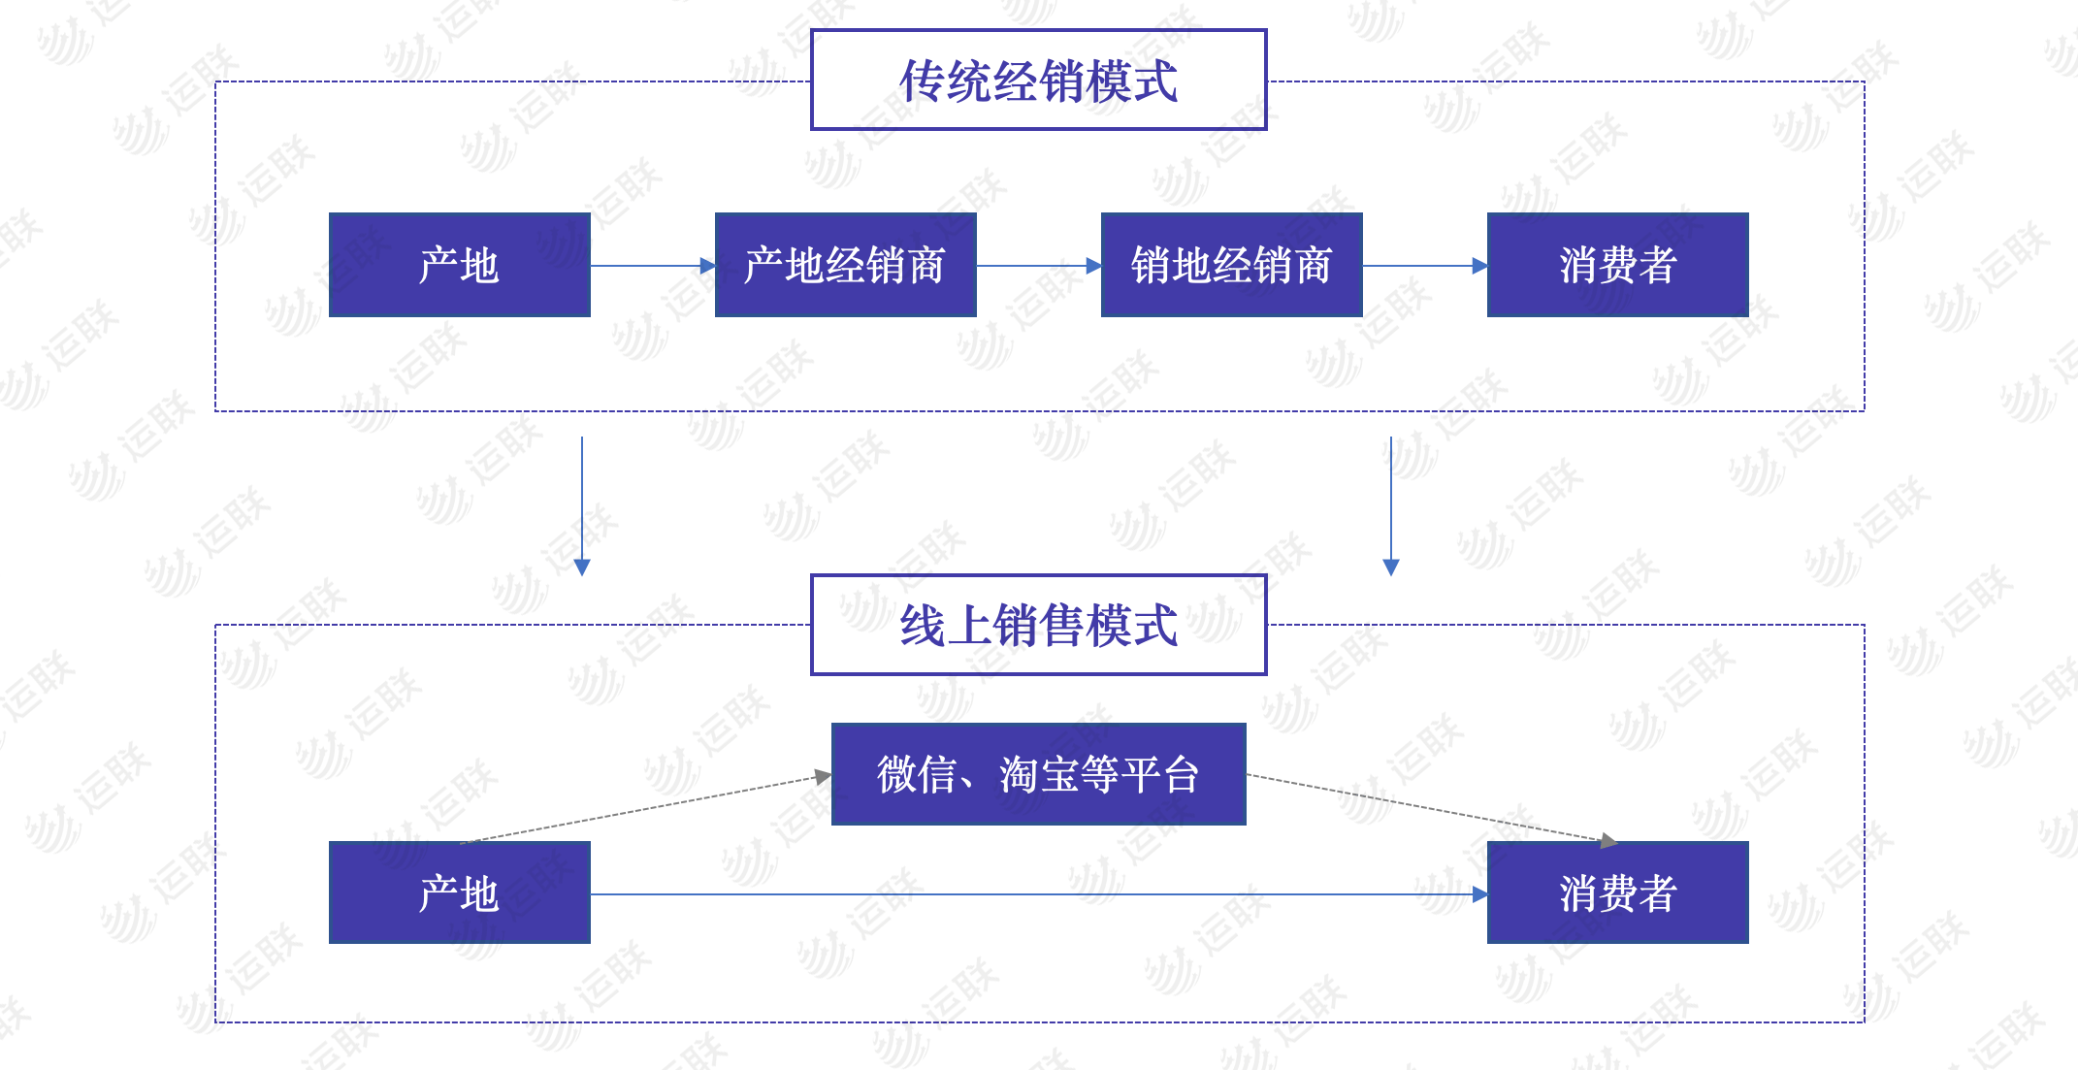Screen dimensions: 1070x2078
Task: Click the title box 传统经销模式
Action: click(x=1038, y=80)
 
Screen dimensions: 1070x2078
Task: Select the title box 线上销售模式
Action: click(x=1038, y=625)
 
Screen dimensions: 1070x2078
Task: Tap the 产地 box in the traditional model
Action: click(x=459, y=265)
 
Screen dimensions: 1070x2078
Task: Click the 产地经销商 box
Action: click(x=845, y=265)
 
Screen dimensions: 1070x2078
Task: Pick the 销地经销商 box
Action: click(x=1231, y=265)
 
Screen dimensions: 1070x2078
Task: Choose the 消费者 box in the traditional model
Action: click(x=1617, y=265)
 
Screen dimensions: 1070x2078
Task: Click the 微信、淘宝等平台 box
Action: click(x=1038, y=774)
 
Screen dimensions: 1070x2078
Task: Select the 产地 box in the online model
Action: click(x=459, y=892)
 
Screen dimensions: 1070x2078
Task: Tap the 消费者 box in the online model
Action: click(x=1617, y=892)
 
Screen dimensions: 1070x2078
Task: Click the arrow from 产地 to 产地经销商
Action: click(x=652, y=266)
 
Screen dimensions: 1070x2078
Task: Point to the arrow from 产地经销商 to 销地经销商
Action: click(x=1038, y=266)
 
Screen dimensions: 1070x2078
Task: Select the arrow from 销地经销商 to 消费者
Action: click(x=1424, y=266)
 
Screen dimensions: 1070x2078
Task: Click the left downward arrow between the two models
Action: click(x=582, y=504)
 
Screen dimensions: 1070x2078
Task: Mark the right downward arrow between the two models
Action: click(x=1391, y=504)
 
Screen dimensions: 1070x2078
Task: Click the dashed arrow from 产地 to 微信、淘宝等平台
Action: click(x=645, y=808)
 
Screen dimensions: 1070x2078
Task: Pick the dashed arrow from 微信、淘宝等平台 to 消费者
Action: click(x=1431, y=807)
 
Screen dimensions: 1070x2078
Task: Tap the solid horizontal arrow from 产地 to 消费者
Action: click(x=1038, y=894)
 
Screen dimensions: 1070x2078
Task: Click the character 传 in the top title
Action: click(x=923, y=81)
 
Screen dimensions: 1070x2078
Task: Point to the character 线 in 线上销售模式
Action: click(x=923, y=626)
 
